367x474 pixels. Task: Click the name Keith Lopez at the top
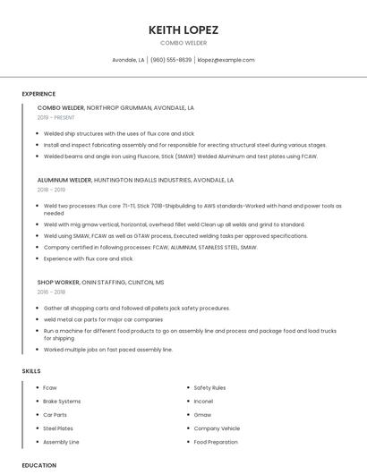[x=183, y=30]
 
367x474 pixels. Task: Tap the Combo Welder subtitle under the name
[x=183, y=43]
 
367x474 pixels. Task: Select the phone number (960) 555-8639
[x=171, y=60]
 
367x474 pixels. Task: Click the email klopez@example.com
[x=226, y=60]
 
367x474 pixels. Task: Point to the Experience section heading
[x=38, y=94]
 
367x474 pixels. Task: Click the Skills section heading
[x=31, y=370]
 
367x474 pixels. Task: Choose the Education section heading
[x=39, y=465]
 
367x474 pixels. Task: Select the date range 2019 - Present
[x=55, y=117]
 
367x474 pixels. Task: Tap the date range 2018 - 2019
[x=51, y=190]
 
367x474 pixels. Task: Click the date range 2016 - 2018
[x=51, y=292]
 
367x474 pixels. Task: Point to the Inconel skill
[x=204, y=401]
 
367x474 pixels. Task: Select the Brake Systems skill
[x=62, y=401]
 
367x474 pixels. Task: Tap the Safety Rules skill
[x=209, y=387]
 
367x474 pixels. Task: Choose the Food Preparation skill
[x=216, y=442]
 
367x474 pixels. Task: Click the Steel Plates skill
[x=57, y=428]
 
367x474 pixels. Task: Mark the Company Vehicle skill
[x=217, y=428]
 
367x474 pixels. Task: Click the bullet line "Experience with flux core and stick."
[x=89, y=258]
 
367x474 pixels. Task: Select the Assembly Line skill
[x=61, y=442]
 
